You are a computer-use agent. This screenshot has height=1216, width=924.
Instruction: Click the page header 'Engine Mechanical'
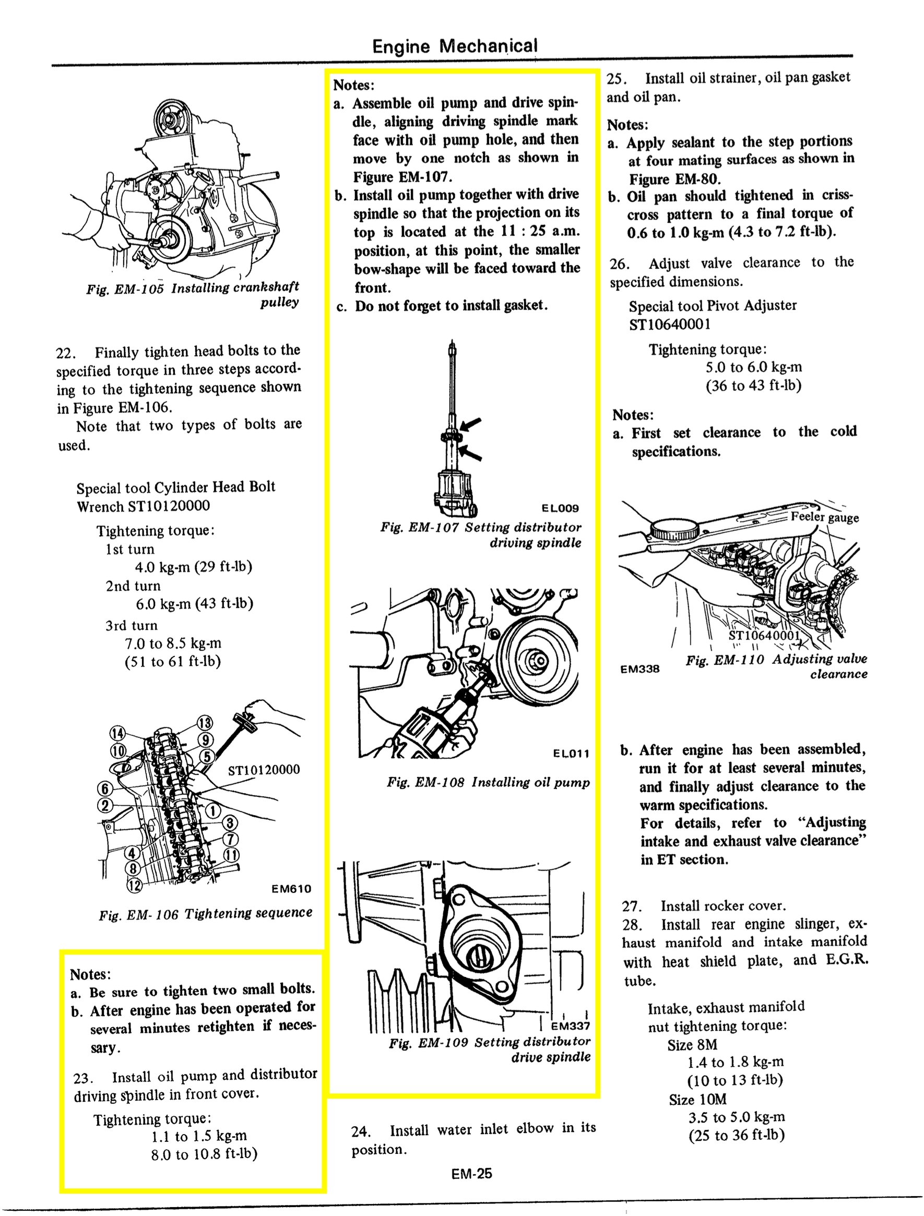454,46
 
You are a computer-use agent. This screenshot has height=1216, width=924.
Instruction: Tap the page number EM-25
471,1174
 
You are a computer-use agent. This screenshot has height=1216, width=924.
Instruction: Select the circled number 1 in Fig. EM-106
213,811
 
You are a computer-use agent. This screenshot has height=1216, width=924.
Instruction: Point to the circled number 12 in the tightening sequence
134,885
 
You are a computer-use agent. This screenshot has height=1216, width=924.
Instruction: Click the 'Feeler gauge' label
824,517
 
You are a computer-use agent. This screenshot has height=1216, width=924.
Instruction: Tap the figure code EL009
560,508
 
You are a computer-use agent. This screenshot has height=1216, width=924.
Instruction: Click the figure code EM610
291,889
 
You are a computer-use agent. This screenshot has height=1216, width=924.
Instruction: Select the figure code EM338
639,669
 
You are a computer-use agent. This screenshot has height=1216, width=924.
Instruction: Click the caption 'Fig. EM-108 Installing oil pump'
488,782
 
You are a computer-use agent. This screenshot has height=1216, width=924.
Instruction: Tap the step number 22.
66,353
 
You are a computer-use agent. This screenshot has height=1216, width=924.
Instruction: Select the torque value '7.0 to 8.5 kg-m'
173,643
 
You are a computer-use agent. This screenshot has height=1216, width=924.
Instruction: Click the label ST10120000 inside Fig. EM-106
264,770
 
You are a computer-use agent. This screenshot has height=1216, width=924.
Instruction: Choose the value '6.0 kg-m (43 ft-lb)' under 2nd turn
194,604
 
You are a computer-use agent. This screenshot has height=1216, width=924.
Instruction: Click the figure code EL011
571,753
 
